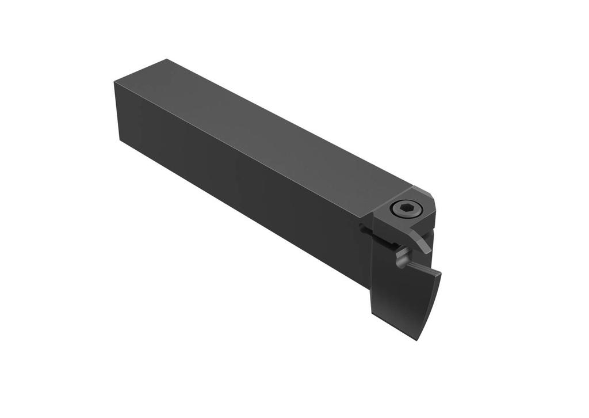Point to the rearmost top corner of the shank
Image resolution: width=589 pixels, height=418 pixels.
pos(166,59)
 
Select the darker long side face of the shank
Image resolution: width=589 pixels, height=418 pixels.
pos(242,190)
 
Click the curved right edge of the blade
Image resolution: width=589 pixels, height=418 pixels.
pos(433,305)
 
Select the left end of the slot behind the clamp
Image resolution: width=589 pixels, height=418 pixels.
pos(362,229)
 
